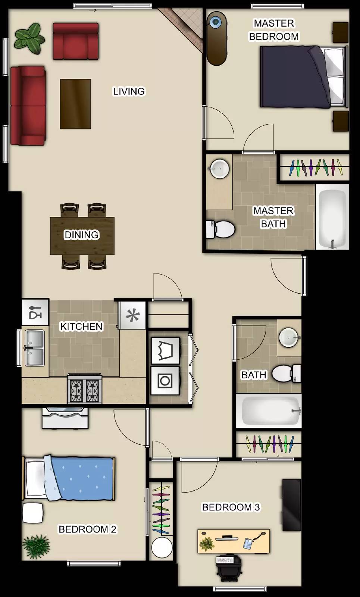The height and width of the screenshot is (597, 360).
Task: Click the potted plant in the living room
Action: coord(29,38)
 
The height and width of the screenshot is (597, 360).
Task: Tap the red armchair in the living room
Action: coord(76,41)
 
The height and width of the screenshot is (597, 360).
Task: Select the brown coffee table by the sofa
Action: coord(75,104)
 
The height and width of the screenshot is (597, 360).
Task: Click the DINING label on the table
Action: coord(82,235)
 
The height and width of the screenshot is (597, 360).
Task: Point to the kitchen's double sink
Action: coord(35,348)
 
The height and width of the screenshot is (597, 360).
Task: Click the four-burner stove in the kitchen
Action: coord(85,388)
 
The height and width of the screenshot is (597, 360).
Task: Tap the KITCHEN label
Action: coord(81,326)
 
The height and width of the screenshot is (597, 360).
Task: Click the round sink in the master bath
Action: coord(220,168)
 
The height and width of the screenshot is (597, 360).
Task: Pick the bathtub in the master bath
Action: coord(332,217)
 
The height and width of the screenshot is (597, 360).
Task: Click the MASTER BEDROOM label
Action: coord(274,30)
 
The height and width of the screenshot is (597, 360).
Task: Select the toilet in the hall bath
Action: coord(287,373)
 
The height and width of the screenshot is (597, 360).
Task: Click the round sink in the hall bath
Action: coord(289,337)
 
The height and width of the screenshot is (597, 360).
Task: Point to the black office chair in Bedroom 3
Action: coord(229,568)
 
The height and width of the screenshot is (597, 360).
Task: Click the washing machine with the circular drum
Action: coord(165,380)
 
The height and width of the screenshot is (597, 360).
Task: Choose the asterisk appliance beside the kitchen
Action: coord(132,315)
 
